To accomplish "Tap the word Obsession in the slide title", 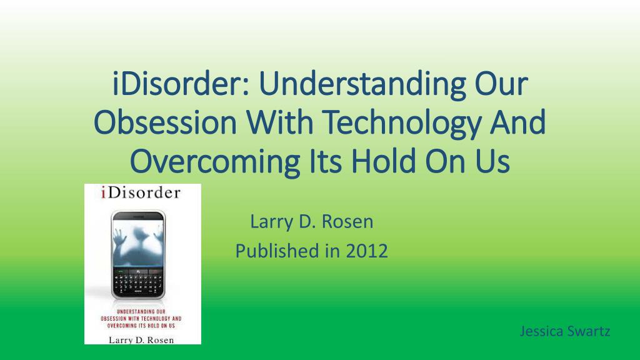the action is coord(165,122).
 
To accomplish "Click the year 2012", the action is coord(367,251).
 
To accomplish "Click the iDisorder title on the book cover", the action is coord(141,192).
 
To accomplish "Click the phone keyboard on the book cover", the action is coord(138,284).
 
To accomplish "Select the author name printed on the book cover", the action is coord(141,340).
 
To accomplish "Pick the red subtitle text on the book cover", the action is coord(141,318).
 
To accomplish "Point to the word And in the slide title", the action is coord(518,122).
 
